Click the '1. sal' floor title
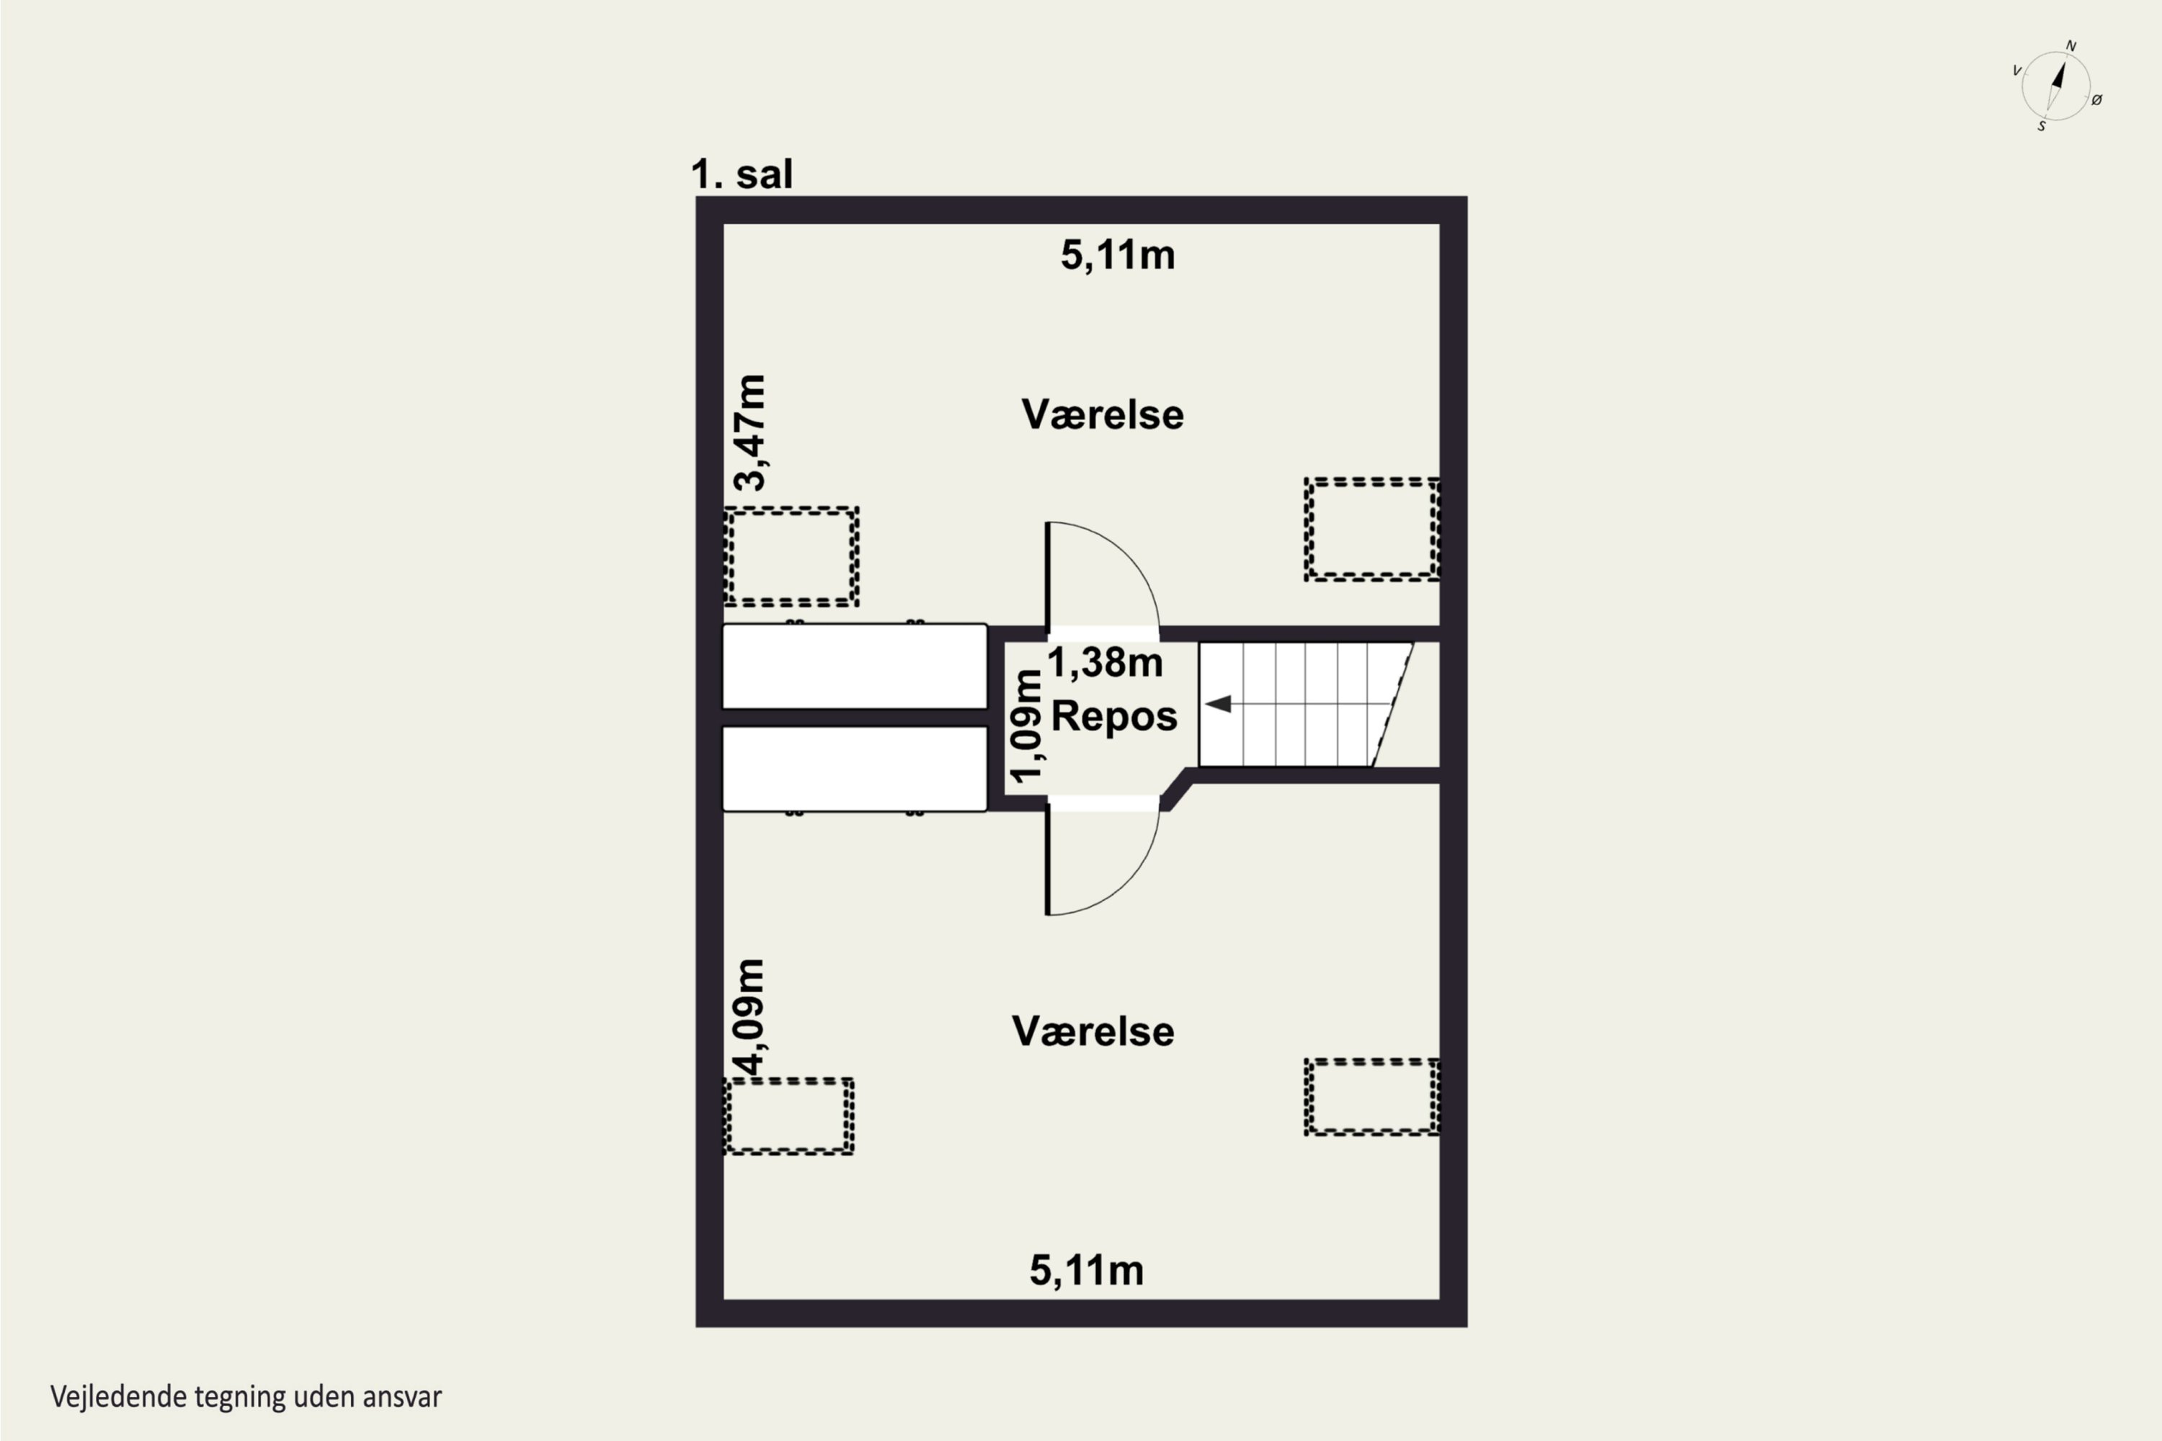(742, 174)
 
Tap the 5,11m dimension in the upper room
(1118, 256)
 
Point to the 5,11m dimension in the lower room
(1087, 1271)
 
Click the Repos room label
(1114, 716)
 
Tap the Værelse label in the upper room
(1102, 414)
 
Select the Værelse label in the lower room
(1093, 1031)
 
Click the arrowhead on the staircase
(1218, 704)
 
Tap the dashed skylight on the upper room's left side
(791, 556)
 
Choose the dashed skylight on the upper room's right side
(1372, 530)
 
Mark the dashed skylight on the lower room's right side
(1372, 1097)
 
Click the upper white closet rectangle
(855, 666)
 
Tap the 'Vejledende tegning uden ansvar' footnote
(246, 1397)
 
